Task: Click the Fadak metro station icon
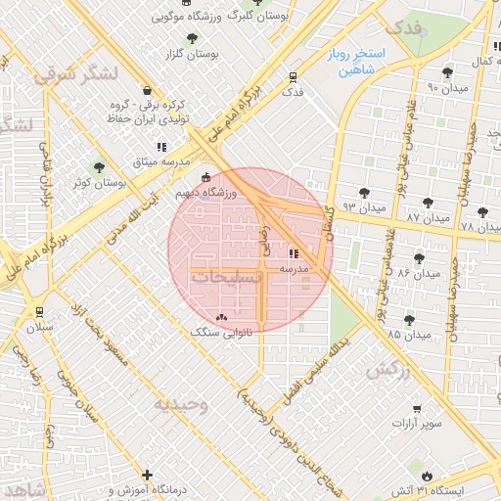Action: pos(293,77)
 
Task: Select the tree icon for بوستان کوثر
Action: pos(97,167)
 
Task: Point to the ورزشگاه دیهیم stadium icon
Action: pos(205,178)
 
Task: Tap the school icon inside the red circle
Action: pos(294,252)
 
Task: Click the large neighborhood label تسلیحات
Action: pos(226,278)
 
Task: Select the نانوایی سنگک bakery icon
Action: pos(220,317)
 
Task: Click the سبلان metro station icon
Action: pos(38,312)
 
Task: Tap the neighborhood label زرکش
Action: pos(387,371)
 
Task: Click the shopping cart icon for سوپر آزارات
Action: pos(418,408)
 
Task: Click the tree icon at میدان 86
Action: pos(419,258)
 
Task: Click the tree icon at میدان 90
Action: pos(447,71)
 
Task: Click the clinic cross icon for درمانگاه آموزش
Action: pos(147,475)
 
